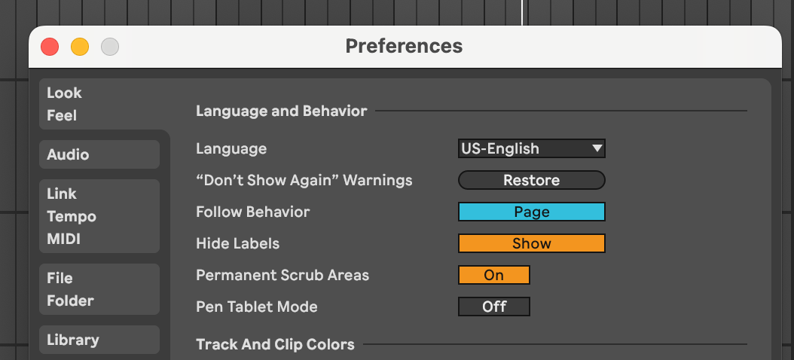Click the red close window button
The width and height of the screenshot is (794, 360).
click(50, 47)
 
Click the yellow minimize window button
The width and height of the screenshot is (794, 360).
click(80, 47)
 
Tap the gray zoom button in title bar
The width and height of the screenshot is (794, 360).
click(110, 47)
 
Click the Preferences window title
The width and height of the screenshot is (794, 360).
click(404, 46)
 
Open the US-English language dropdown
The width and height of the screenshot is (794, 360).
click(531, 148)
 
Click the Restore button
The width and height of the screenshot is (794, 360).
click(531, 180)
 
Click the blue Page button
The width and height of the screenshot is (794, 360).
click(531, 212)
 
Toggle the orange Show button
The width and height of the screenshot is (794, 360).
click(531, 243)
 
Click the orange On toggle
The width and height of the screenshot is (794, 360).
click(493, 275)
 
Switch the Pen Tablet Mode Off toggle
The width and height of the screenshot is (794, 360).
click(493, 307)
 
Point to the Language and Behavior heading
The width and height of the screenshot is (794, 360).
click(281, 111)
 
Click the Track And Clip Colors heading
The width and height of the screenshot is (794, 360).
click(275, 344)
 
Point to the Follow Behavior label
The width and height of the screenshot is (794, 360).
click(252, 212)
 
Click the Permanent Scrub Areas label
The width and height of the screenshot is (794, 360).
click(282, 275)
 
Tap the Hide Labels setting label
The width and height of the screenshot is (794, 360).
click(237, 243)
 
